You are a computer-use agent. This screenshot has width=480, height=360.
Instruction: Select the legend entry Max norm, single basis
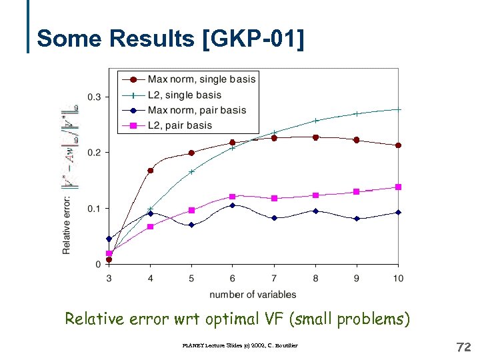[201, 79]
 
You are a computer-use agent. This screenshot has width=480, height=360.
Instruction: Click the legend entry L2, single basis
[184, 95]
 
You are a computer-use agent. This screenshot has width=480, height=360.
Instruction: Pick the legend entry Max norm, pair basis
[197, 110]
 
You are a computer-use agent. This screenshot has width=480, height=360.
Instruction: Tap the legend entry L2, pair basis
[179, 125]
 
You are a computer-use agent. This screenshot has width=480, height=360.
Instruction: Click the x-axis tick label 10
[398, 278]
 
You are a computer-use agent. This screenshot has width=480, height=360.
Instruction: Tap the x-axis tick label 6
[232, 278]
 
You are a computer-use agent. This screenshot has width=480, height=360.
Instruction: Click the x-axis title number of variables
[253, 294]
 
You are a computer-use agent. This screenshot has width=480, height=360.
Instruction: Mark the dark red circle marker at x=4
[150, 171]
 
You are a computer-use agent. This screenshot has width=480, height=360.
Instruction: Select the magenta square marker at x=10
[399, 187]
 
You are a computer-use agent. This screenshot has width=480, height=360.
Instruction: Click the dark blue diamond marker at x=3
[109, 239]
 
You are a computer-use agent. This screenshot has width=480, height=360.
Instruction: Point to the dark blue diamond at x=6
[232, 205]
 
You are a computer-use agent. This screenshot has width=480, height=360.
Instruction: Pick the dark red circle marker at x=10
[398, 145]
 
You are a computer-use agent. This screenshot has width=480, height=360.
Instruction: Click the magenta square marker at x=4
[150, 227]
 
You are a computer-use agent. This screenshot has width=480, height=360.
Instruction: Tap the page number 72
[463, 347]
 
